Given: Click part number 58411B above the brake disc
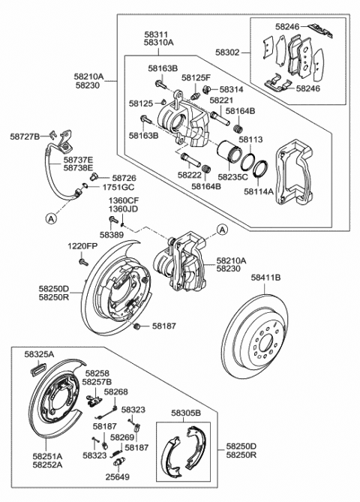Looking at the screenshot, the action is click(265, 278).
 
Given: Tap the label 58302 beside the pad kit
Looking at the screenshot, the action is click(227, 53).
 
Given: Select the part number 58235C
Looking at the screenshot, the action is click(232, 177).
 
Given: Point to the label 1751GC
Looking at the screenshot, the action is click(118, 188).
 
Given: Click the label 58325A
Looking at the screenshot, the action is click(39, 354).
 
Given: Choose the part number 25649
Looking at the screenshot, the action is click(118, 477).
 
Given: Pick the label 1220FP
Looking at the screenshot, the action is click(82, 247).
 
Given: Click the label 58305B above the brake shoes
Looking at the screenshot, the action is click(186, 413).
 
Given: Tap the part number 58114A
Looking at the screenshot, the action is click(259, 191).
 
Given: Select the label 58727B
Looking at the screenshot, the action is click(25, 137).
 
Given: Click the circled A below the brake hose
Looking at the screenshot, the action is click(51, 218).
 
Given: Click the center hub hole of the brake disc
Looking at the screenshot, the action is click(265, 344).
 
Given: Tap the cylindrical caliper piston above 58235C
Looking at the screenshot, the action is click(229, 152).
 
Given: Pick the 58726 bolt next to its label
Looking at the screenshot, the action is click(94, 176).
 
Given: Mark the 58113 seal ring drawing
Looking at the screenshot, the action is click(247, 161).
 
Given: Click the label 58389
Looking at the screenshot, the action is click(111, 235).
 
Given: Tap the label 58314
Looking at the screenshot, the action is click(231, 89).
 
